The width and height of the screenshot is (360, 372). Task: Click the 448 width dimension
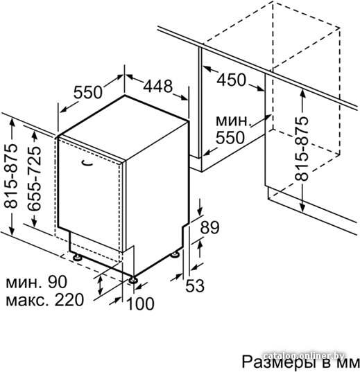[157, 86]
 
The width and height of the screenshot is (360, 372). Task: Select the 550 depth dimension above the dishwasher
[87, 92]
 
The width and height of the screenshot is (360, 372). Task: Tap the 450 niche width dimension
[231, 80]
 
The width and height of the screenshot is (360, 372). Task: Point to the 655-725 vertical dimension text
[34, 179]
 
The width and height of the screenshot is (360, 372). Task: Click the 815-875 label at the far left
[10, 176]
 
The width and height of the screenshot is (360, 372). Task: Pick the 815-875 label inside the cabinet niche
[301, 148]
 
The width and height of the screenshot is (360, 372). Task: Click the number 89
[209, 227]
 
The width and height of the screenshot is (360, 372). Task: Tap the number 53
[195, 285]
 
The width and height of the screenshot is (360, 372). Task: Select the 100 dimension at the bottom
[140, 303]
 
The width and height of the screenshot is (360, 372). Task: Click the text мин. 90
[36, 282]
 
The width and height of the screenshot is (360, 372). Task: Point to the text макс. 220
[44, 300]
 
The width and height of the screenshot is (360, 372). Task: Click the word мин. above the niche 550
[233, 121]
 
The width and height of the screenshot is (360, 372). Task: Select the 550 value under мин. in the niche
[230, 138]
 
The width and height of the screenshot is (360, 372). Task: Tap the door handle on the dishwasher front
[87, 163]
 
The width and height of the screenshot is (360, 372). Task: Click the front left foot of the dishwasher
[77, 257]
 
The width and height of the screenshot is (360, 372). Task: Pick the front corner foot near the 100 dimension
[132, 280]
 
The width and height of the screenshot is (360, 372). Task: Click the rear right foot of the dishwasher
[176, 254]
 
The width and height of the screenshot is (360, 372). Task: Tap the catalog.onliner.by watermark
[304, 355]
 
